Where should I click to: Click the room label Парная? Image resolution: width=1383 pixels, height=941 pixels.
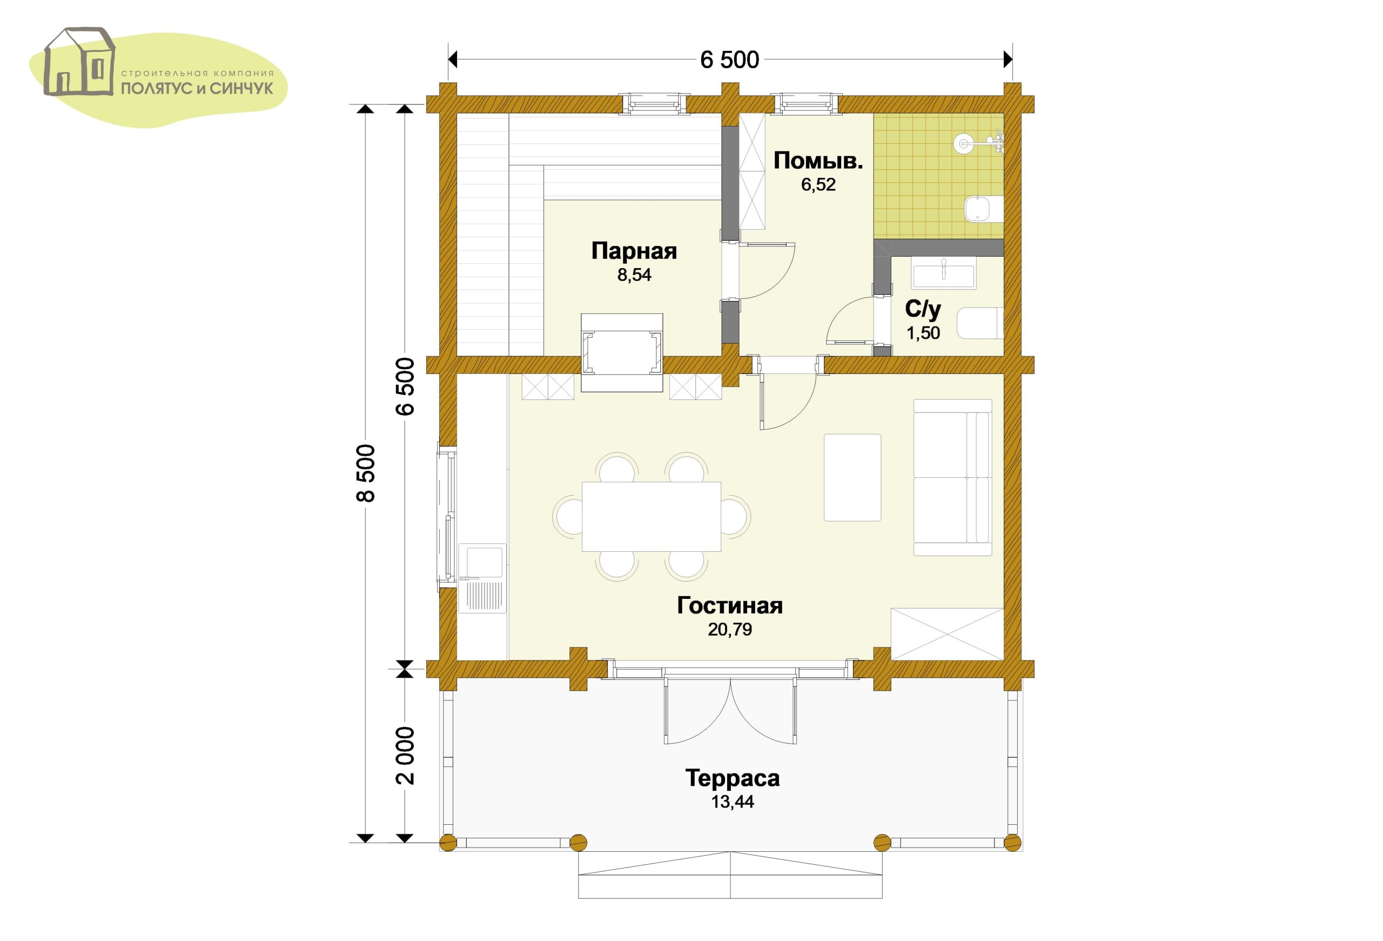[x=634, y=251]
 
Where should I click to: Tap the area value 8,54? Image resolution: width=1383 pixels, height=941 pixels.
[x=634, y=276]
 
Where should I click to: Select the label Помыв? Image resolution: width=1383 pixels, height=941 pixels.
[x=818, y=161]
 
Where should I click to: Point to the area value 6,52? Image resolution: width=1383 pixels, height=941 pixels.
[x=818, y=184]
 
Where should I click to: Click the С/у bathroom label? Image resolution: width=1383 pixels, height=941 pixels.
[x=923, y=309]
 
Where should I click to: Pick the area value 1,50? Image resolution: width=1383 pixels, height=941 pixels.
[x=923, y=333]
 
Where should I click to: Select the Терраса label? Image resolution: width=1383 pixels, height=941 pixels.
[x=732, y=778]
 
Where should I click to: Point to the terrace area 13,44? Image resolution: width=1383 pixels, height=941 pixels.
[x=732, y=802]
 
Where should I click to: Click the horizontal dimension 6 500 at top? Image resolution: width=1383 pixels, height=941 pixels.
[x=729, y=60]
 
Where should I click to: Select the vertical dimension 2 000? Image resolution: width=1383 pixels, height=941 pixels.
[x=405, y=755]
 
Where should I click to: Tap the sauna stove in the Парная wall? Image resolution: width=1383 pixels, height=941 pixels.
[x=622, y=353]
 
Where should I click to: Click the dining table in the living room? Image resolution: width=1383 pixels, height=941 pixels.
[x=651, y=517]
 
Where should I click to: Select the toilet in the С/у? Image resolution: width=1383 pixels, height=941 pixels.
[x=980, y=323]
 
